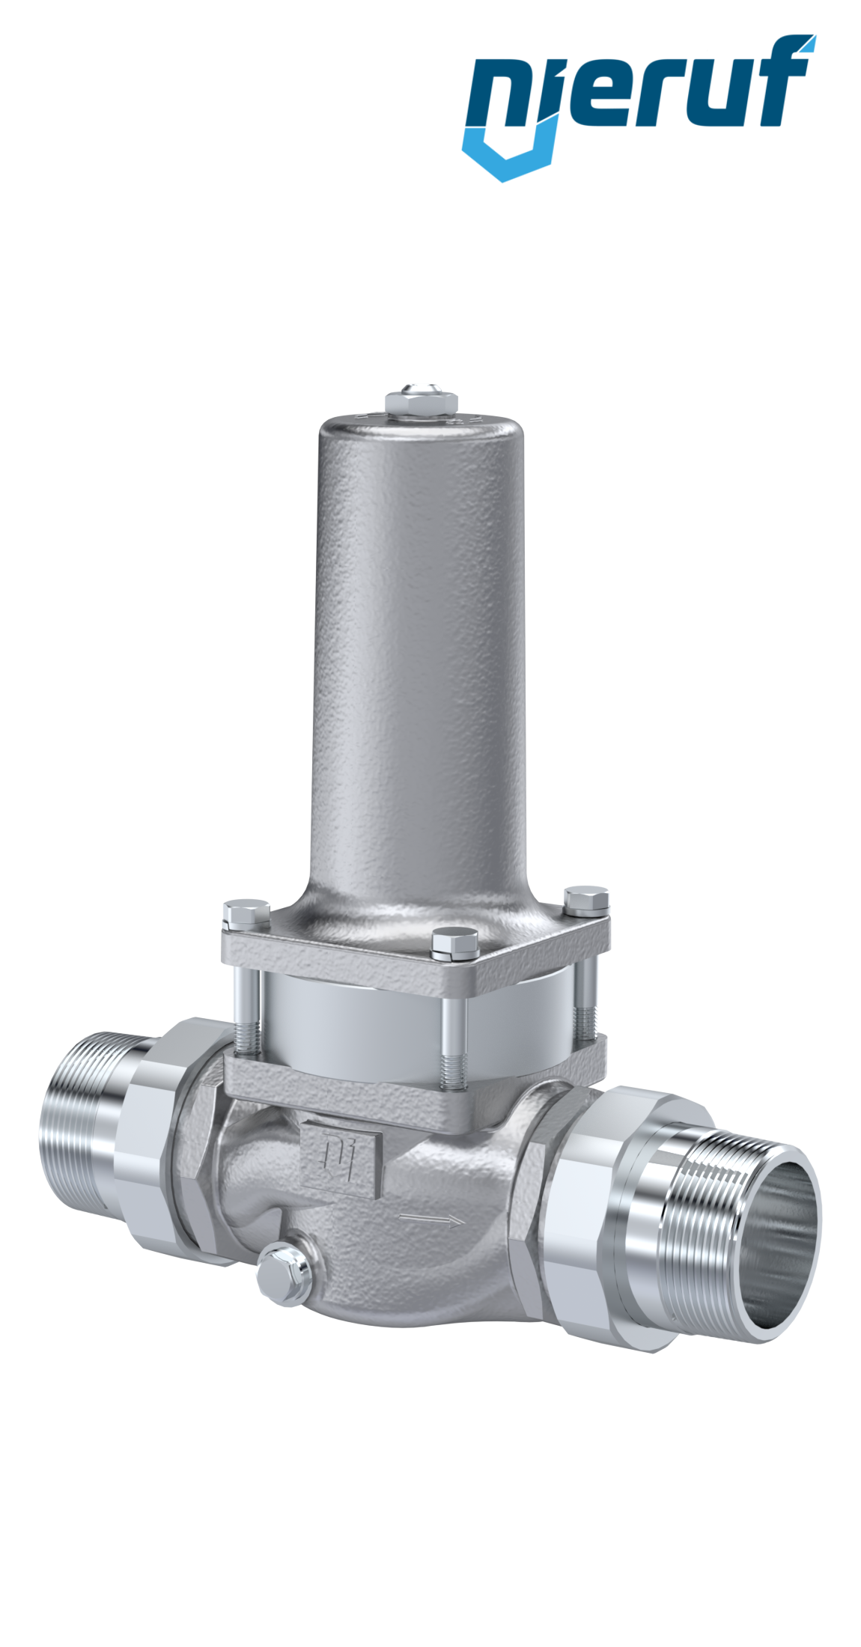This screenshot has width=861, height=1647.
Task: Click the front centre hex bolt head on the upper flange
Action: [454, 945]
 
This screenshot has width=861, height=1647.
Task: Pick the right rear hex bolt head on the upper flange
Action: [586, 901]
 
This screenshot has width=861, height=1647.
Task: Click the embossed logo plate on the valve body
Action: [341, 1161]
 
